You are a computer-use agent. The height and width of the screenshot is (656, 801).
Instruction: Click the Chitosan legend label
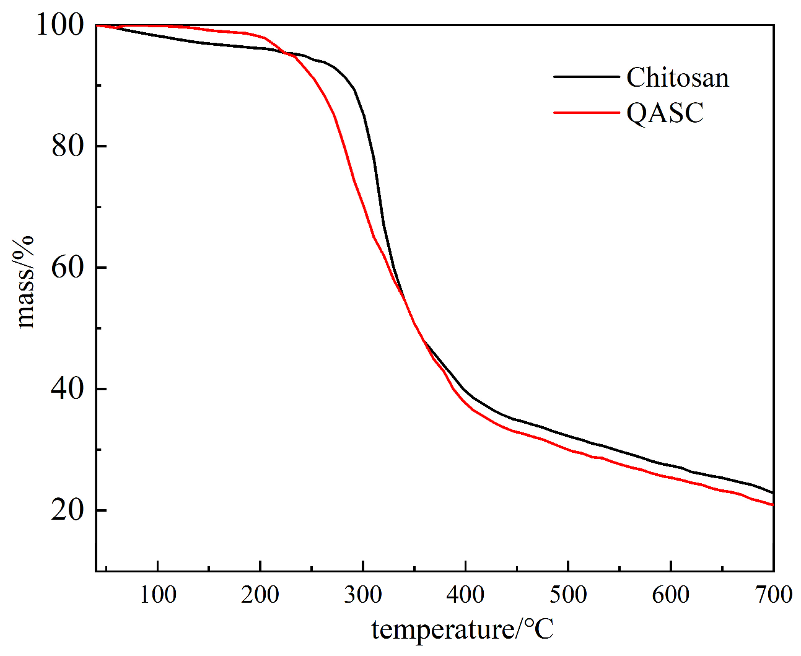[x=677, y=78]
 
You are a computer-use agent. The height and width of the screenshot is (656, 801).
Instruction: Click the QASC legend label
[x=665, y=113]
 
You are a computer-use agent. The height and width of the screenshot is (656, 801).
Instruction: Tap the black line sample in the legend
[x=586, y=77]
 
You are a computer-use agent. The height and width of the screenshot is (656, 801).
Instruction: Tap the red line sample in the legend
[x=586, y=113]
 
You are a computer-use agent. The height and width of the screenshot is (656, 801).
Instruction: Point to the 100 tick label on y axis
[x=59, y=25]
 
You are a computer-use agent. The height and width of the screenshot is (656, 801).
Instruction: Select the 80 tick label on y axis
[x=67, y=146]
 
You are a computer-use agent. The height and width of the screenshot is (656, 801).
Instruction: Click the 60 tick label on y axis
[x=67, y=268]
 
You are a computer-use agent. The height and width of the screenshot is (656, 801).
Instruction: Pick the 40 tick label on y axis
[x=67, y=389]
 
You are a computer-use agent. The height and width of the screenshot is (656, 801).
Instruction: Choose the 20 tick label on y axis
[x=67, y=510]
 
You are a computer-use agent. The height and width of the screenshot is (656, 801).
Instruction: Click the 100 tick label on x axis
[x=158, y=595]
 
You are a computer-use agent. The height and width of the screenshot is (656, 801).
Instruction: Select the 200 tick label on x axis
[x=260, y=595]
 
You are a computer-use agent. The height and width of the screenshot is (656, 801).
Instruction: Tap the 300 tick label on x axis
[x=363, y=595]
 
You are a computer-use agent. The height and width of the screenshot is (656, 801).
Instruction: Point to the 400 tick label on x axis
[x=465, y=595]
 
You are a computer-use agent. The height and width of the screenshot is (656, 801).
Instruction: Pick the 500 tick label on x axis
[x=568, y=595]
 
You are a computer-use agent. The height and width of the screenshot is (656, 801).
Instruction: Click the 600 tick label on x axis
[x=670, y=595]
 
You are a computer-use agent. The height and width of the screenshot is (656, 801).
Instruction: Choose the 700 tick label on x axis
[x=773, y=595]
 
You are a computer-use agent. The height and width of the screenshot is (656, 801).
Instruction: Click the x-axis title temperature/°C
[x=462, y=630]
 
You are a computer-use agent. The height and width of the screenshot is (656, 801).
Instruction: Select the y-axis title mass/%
[x=25, y=282]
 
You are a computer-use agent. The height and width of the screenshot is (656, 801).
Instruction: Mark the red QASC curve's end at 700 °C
[x=773, y=505]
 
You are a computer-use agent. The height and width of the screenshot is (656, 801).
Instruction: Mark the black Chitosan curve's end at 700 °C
[x=773, y=492]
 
